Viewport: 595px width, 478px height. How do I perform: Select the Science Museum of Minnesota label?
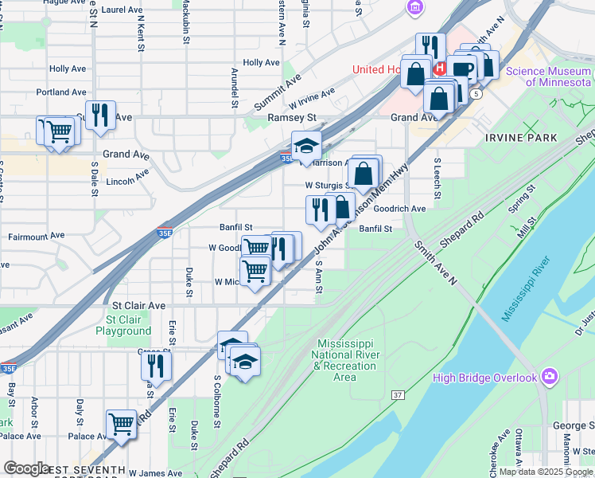[x=549, y=77]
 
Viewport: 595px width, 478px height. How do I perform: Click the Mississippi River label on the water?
[x=526, y=288]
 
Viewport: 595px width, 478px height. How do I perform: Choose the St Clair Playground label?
[x=123, y=325]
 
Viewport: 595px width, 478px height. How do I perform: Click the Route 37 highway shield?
[x=399, y=395]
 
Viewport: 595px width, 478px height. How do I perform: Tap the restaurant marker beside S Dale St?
[x=100, y=116]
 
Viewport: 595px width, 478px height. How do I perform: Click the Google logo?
[x=27, y=468]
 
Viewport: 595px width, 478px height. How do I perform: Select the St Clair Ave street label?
[x=138, y=305]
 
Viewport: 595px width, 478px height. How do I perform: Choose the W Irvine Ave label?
[x=312, y=100]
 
